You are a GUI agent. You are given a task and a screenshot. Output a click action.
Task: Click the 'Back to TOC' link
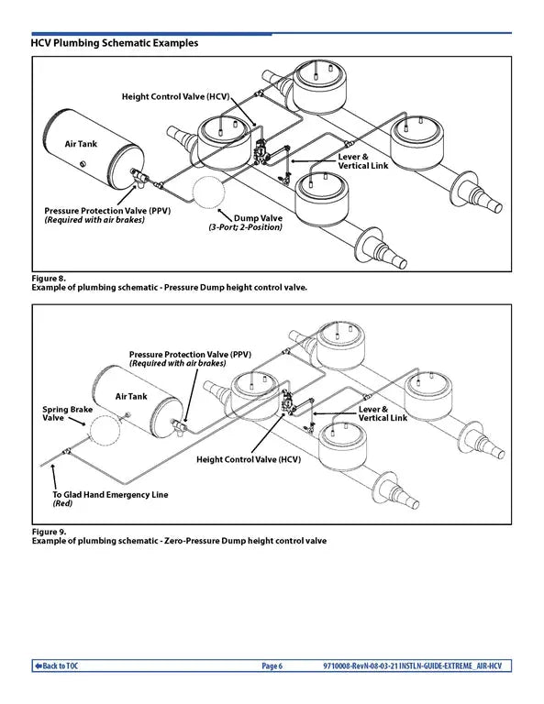57,665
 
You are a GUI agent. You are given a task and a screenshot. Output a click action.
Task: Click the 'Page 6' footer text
272,665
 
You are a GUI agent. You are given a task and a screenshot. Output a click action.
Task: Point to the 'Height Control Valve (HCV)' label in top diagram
175,96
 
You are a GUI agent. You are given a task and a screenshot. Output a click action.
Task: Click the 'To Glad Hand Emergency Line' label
110,495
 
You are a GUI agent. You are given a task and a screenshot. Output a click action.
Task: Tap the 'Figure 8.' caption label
49,277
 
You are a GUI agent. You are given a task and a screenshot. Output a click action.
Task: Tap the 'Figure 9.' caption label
49,531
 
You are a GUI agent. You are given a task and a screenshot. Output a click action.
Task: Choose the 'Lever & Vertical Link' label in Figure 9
382,412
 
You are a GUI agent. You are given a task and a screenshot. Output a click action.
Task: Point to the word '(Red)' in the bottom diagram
62,504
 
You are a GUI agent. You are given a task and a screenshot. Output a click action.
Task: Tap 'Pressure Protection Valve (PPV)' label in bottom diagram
190,354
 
